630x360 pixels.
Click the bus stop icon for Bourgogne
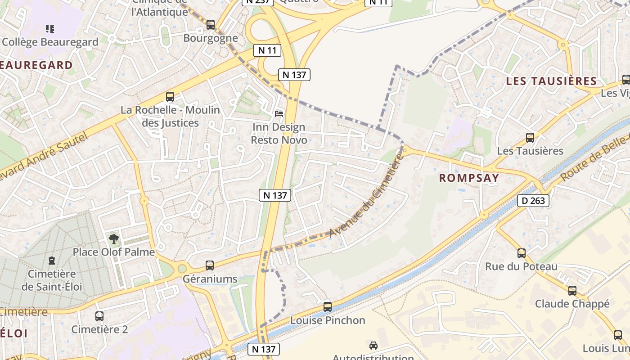click(x=211, y=25)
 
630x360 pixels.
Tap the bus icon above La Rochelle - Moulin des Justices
click(x=170, y=96)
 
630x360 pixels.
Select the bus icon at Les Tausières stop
click(x=530, y=138)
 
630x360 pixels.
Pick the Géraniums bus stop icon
click(x=210, y=265)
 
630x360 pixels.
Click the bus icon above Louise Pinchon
click(x=328, y=307)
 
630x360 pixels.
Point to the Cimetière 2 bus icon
click(x=99, y=316)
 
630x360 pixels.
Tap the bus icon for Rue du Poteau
click(x=521, y=253)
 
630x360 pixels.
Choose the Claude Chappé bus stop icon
click(x=572, y=291)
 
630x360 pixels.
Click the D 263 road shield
click(x=534, y=201)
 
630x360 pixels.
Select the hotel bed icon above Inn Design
click(x=279, y=113)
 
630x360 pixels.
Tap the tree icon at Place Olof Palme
click(x=114, y=239)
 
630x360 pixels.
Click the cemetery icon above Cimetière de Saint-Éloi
click(x=52, y=261)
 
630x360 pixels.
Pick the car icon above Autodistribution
click(x=373, y=346)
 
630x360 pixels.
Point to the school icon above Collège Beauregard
click(x=50, y=29)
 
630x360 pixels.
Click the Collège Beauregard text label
click(x=50, y=42)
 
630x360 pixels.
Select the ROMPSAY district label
click(x=469, y=178)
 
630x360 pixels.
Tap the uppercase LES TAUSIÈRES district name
click(x=551, y=81)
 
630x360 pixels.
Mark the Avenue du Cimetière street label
click(x=365, y=196)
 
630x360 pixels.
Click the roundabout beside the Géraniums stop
click(x=182, y=269)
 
